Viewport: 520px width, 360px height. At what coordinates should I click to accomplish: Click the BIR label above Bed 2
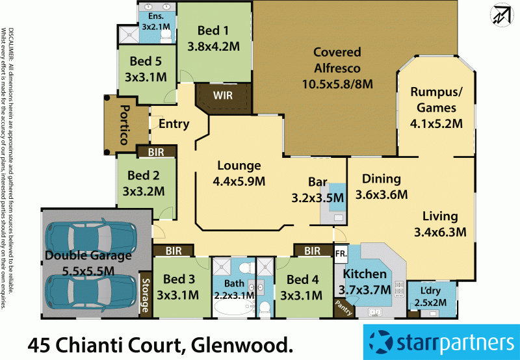(x=156, y=151)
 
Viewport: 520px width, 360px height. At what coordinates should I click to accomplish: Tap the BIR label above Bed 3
(x=173, y=250)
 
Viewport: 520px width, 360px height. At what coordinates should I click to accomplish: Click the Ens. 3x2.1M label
(x=156, y=21)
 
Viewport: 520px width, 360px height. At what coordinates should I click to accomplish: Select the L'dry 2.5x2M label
(x=428, y=294)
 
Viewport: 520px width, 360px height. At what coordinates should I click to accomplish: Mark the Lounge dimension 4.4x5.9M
(x=239, y=181)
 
